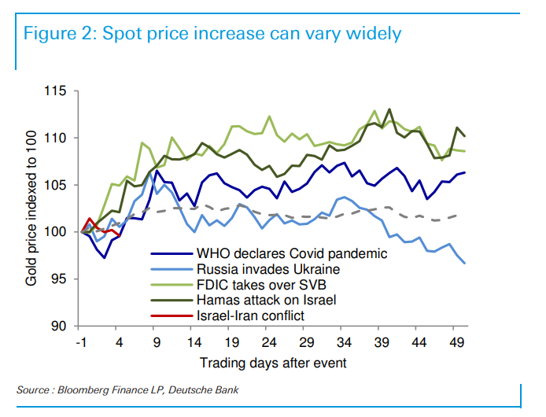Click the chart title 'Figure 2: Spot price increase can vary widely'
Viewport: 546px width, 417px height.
212,34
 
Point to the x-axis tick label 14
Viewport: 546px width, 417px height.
194,343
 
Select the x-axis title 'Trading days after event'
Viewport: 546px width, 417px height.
272,363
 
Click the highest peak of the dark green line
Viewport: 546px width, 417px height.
389,109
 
